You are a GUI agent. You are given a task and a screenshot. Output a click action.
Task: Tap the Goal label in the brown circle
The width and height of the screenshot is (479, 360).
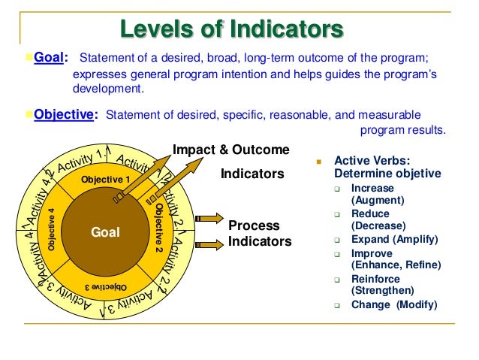[x=105, y=233]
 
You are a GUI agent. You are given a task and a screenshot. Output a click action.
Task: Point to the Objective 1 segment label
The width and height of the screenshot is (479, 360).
[x=105, y=179]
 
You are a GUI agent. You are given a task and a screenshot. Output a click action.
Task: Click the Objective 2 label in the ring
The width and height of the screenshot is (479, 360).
[x=159, y=227]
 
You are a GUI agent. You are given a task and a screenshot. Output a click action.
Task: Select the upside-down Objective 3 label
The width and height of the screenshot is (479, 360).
[x=105, y=287]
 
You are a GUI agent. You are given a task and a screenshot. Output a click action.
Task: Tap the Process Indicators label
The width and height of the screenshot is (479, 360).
[x=254, y=234]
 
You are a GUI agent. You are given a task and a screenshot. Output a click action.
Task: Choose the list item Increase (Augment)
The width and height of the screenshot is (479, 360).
[x=378, y=195]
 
